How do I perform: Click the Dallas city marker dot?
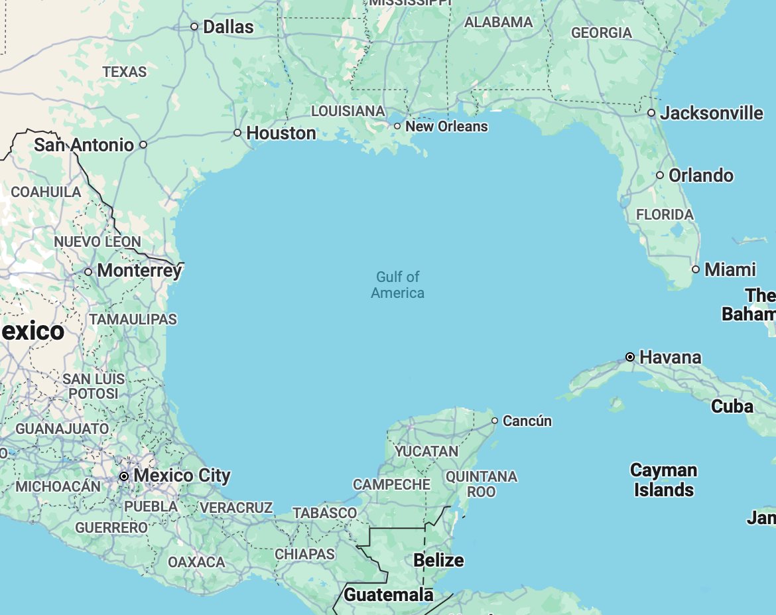point(194,27)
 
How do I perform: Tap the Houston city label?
point(281,133)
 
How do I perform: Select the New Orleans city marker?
point(397,126)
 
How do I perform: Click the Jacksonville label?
point(712,113)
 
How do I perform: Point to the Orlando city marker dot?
point(660,175)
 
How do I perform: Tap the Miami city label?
point(730,270)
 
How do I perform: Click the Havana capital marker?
point(630,357)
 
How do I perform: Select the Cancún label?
point(527,421)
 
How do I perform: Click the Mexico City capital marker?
point(124,476)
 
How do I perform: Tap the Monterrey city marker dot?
point(88,271)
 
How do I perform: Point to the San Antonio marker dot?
point(143,145)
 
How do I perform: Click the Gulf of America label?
point(398,285)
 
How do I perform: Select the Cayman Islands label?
point(663,480)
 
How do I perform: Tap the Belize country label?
point(438,561)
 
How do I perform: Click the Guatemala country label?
point(388,595)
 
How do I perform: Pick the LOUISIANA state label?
point(348,111)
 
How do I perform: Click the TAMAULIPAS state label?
point(133,320)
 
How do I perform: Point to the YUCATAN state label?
point(426,452)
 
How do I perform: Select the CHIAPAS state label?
point(305,554)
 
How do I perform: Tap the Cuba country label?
point(732,407)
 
